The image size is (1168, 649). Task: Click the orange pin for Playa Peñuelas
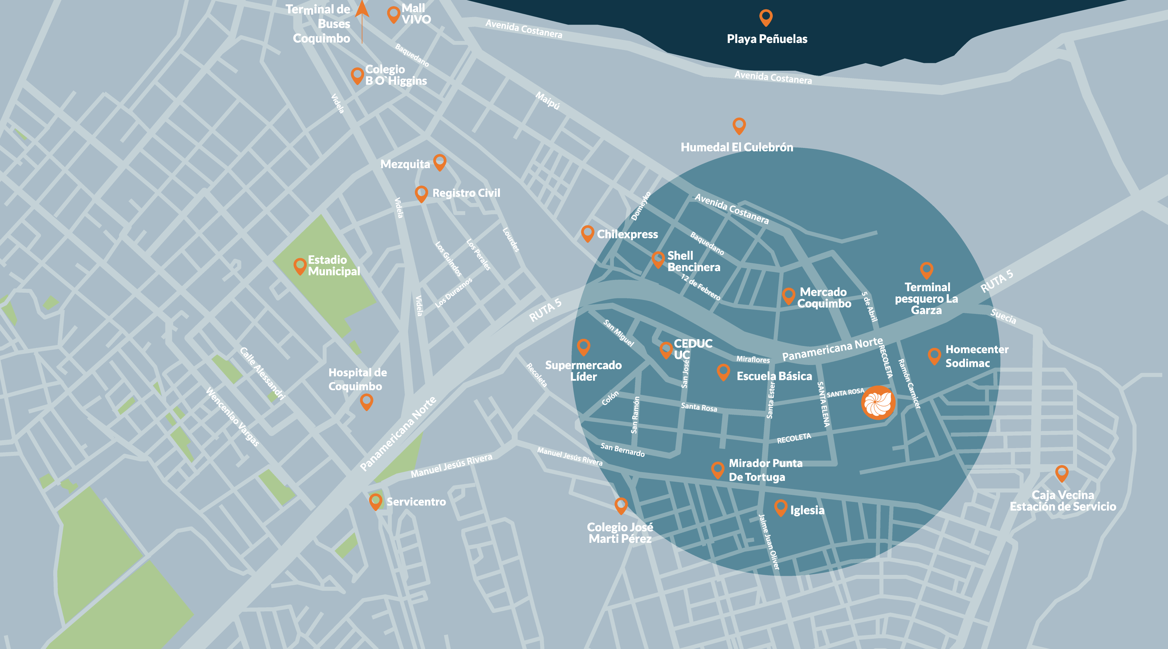(x=766, y=17)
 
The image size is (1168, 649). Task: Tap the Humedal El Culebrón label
(x=737, y=147)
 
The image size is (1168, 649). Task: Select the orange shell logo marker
(x=878, y=402)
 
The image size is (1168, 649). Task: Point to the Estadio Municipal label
(x=334, y=266)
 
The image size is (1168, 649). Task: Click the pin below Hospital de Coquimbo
(x=366, y=401)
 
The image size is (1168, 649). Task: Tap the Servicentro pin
(x=375, y=501)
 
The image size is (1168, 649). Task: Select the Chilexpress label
(x=627, y=234)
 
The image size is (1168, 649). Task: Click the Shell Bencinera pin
(x=658, y=259)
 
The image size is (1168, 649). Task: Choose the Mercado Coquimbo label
(x=824, y=298)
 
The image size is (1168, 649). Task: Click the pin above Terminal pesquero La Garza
(x=926, y=270)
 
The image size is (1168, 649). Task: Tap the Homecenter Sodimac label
(x=977, y=356)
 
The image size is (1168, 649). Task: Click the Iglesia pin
(x=780, y=507)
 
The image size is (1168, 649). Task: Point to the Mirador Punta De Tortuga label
(x=765, y=470)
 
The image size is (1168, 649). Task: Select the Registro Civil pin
(x=421, y=193)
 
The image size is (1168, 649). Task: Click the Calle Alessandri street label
(x=262, y=373)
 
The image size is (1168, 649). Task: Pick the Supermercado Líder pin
(x=584, y=347)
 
